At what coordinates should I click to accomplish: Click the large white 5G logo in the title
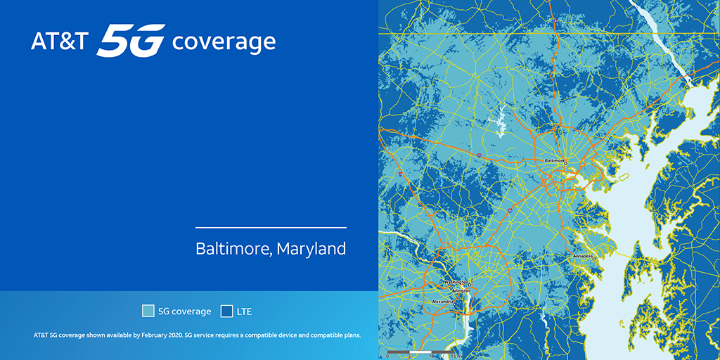coord(131,40)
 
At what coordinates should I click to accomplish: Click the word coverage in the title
coord(224,42)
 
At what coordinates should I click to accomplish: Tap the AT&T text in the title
coord(60,41)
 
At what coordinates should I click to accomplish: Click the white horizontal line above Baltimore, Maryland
coord(271,228)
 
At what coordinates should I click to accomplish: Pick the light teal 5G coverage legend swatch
coord(148,311)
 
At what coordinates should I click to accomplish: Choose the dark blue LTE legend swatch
coord(226,311)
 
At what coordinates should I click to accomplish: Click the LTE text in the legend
coord(244,311)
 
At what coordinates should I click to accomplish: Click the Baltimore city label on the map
coord(555,160)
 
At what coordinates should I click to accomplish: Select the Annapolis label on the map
coord(583,257)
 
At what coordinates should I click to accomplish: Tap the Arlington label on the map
coord(459,288)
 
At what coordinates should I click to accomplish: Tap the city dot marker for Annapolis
coord(594,258)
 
